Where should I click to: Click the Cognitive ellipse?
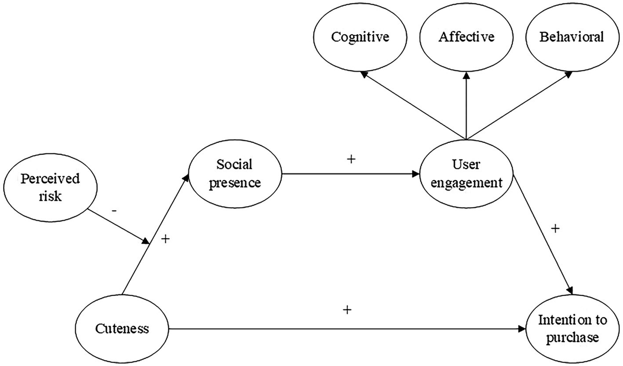(x=360, y=37)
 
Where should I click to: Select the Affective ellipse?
(x=466, y=37)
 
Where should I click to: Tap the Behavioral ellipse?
(x=572, y=37)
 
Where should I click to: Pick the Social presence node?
(x=235, y=174)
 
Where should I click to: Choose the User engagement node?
(x=466, y=174)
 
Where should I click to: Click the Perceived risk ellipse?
(x=50, y=188)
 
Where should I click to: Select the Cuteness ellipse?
(x=122, y=329)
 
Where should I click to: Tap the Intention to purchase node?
(x=573, y=329)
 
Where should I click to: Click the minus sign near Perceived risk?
(x=114, y=211)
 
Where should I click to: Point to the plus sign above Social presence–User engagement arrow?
(x=351, y=159)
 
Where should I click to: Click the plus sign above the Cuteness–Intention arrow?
(x=347, y=310)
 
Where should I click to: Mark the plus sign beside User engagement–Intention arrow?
(x=555, y=229)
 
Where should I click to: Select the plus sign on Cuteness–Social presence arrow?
(x=166, y=239)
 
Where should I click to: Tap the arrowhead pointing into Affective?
(x=466, y=75)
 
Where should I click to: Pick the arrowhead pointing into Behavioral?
(x=568, y=74)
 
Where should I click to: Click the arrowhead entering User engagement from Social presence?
(x=416, y=174)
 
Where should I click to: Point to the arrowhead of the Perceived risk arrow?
(x=146, y=241)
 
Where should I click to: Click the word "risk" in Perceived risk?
(x=50, y=196)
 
